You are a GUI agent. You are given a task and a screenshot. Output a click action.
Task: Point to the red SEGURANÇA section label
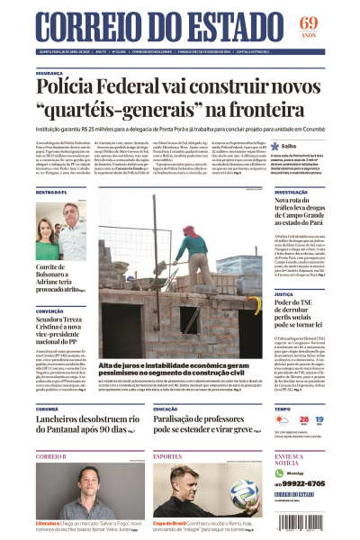49,73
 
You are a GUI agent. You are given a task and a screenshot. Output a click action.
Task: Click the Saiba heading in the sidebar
290,145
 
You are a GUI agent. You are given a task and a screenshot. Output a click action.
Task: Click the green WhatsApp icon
279,472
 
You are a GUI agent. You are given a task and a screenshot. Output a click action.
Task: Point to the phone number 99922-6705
319,483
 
